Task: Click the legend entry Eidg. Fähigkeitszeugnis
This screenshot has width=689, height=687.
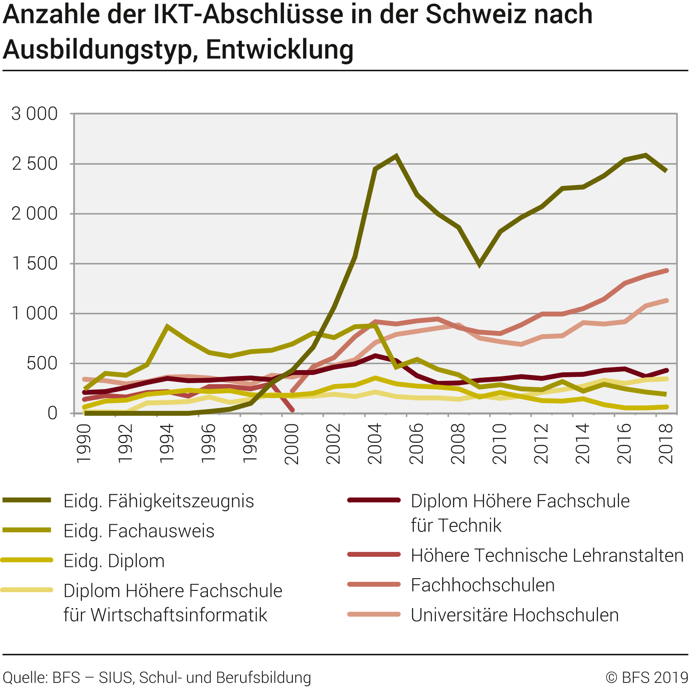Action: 159,501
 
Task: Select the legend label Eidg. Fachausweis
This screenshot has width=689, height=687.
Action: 139,531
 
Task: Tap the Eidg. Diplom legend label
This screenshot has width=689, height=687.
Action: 114,561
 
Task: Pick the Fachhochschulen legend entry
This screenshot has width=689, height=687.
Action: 482,585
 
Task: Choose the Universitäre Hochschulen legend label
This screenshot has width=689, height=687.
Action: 515,615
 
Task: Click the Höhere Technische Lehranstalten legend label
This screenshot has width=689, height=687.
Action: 547,555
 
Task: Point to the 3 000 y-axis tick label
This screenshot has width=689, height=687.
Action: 35,114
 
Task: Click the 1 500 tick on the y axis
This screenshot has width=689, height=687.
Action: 35,263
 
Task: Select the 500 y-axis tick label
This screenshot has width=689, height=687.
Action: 42,363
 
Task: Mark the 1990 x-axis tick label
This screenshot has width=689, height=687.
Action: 84,443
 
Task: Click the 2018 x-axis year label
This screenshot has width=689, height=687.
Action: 666,443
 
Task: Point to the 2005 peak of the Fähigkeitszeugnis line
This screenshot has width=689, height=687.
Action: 396,156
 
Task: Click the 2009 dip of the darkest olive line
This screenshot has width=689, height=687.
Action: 479,264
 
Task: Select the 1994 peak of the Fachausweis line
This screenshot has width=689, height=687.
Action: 167,326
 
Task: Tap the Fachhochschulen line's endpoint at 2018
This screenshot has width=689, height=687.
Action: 666,271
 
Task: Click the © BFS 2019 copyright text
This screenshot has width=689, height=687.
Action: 646,677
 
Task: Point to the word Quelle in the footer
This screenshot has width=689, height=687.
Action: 25,677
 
